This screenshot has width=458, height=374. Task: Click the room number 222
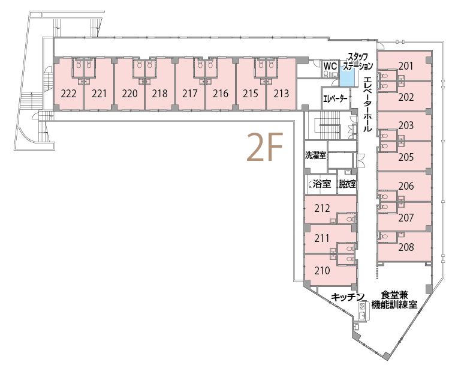(x=69, y=94)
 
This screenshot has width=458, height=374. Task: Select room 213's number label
(x=281, y=94)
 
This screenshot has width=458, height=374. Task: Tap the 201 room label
(x=406, y=67)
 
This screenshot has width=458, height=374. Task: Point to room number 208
(x=406, y=247)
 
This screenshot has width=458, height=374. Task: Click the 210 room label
(x=322, y=271)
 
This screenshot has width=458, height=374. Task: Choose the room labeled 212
(x=322, y=208)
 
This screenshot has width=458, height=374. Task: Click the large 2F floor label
(x=264, y=147)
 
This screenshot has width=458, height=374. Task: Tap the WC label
(x=330, y=65)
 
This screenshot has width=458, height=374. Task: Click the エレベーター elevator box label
(x=335, y=98)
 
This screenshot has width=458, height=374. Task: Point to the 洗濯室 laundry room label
(x=315, y=155)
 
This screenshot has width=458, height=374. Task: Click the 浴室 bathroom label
(x=321, y=184)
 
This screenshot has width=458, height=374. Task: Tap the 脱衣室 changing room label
(x=347, y=184)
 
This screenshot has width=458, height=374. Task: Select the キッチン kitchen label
(x=348, y=297)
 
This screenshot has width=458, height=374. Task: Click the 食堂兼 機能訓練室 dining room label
(x=394, y=300)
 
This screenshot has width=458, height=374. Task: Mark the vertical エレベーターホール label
(x=367, y=104)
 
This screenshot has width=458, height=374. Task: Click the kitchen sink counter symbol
(x=363, y=312)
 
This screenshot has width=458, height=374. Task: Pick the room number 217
(x=190, y=94)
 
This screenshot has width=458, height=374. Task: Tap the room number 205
(x=406, y=157)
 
